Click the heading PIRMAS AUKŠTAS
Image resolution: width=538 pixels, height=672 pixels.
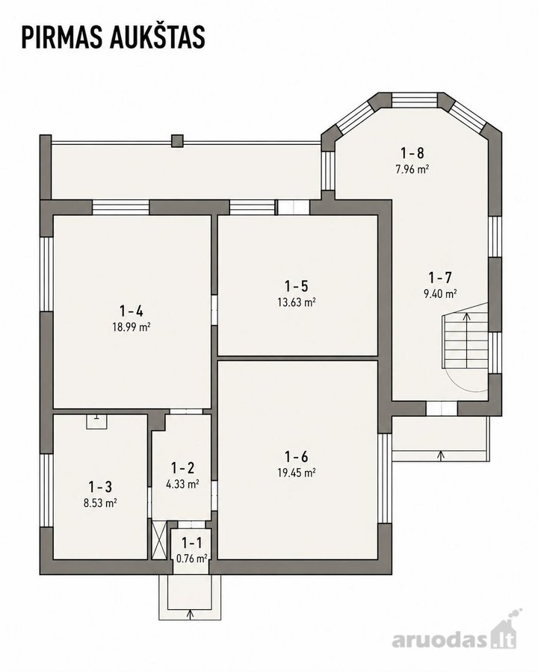pos(114,37)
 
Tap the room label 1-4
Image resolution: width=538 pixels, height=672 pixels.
pos(132,311)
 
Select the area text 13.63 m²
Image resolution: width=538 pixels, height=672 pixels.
pos(297,302)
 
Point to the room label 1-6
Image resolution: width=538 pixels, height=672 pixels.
pos(297,456)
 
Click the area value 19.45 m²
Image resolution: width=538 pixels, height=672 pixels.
pos(297,473)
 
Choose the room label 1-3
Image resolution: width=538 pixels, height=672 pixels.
pos(100,486)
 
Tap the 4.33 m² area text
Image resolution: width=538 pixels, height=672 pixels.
pos(182,484)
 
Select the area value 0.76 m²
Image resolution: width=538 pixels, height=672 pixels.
pos(192,559)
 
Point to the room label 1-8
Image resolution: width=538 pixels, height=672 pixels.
pos(412,152)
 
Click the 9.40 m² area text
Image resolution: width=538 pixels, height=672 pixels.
pos(440,293)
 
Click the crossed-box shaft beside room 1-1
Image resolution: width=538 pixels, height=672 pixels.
pos(159,539)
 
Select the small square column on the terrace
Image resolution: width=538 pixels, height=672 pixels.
pos(177,141)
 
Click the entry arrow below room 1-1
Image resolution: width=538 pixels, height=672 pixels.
pos(191,614)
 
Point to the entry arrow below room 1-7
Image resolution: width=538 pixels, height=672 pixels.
pos(440,455)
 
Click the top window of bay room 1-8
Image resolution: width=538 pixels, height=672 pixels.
pos(415,100)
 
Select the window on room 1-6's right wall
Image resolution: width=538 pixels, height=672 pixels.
pos(385,478)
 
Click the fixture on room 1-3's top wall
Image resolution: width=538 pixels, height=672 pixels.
pos(96,421)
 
